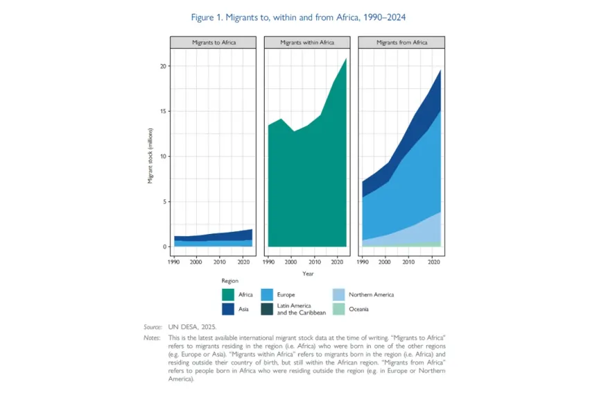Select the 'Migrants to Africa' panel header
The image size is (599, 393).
coord(213,42)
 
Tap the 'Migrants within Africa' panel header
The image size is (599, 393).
coord(307,42)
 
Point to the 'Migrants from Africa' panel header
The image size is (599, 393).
coord(401,42)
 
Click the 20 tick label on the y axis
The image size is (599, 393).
coord(164,66)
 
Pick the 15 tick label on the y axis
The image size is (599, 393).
coord(164,111)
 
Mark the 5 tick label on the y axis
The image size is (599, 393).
coord(164,201)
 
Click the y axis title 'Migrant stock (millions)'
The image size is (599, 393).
coord(150,156)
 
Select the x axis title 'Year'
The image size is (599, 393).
coord(308,274)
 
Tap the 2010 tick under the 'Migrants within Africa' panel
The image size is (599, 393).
coord(314,262)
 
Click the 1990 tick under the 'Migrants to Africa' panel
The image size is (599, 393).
coord(174,262)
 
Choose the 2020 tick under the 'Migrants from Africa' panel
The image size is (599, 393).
coord(433,262)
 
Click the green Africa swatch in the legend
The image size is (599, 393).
coord(228,294)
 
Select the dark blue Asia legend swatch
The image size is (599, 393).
coord(228,309)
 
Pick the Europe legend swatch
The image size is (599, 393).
coord(267,294)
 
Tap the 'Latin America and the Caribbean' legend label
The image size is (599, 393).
coord(302,309)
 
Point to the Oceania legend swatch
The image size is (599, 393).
coord(338,309)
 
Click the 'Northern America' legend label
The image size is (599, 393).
coord(372,294)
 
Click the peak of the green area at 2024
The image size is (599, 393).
coord(346,58)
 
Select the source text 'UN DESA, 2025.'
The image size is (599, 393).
coord(192,327)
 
